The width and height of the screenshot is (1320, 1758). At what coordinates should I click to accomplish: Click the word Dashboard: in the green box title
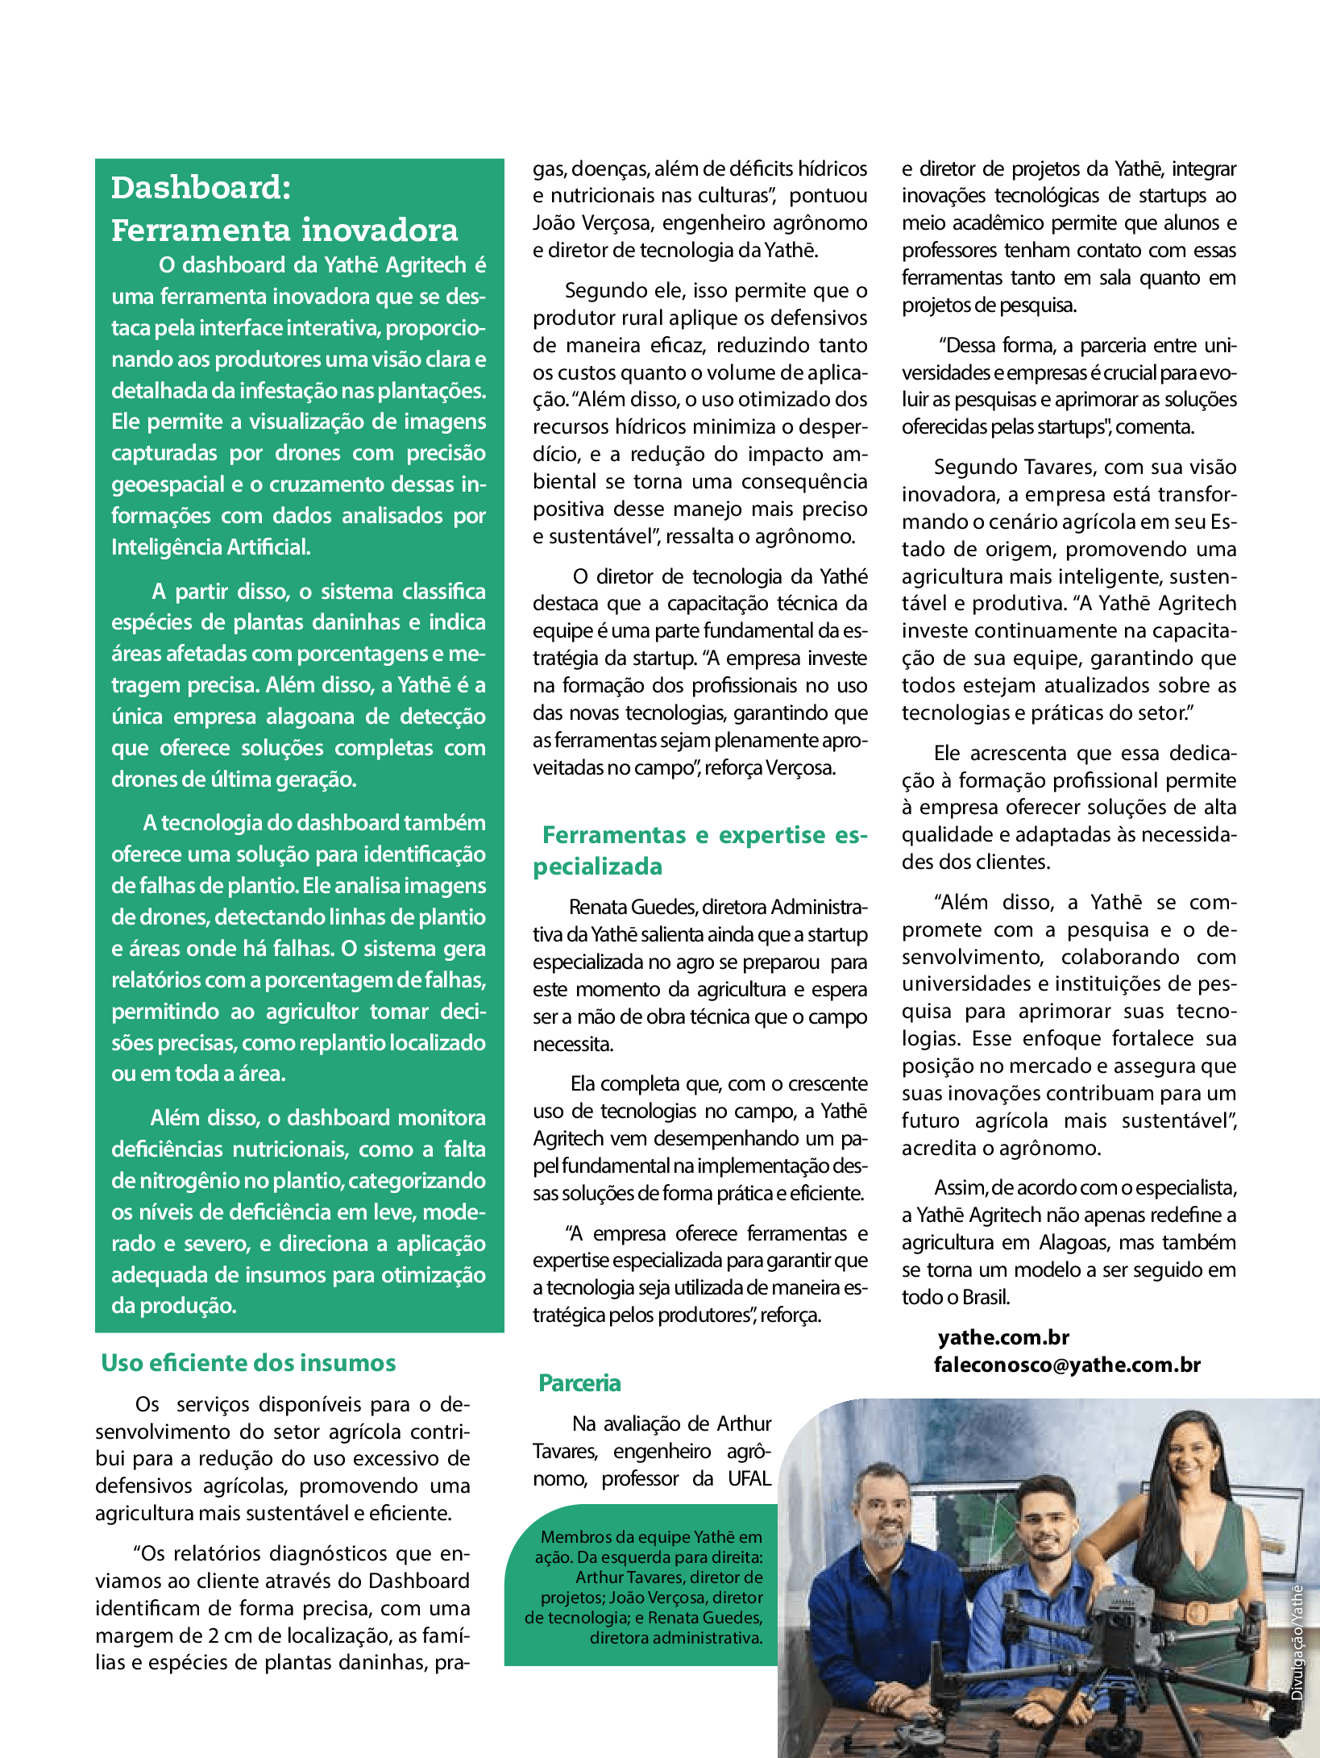point(201,188)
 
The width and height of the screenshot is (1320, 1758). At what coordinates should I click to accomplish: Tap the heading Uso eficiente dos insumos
point(248,1363)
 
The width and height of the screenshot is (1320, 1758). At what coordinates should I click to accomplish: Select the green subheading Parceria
point(579,1383)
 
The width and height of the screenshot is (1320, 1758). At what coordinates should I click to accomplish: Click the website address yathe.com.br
point(1003,1337)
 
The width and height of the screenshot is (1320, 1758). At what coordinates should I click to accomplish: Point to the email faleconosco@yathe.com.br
point(1067,1365)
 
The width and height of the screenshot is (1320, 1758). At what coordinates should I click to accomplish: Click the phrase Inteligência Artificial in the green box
point(210,547)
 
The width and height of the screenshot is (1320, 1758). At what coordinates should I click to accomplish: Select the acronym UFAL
point(749,1478)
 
